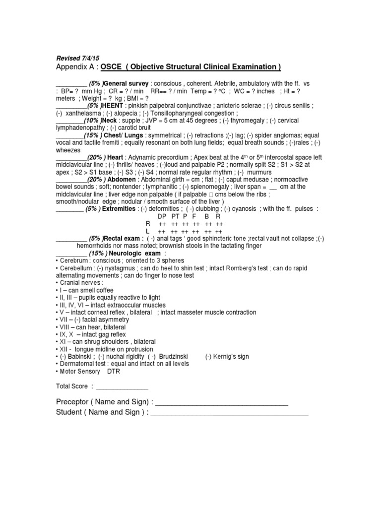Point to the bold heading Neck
111,121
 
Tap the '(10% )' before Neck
92,121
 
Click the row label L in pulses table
147,231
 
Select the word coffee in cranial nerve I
105,290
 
